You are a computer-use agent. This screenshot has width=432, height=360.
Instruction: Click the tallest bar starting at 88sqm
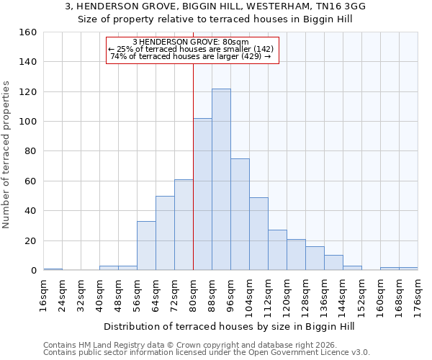[x=221, y=180]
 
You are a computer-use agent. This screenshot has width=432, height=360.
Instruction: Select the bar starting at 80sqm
[x=202, y=194]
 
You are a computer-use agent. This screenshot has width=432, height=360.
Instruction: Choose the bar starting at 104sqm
[x=258, y=234]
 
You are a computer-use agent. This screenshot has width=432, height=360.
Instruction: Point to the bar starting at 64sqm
[x=165, y=233]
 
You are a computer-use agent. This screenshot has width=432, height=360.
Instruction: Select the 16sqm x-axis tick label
[x=44, y=293]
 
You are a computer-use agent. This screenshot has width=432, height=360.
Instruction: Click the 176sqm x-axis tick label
[x=418, y=293]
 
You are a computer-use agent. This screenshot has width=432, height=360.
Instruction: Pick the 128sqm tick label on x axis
[x=306, y=293]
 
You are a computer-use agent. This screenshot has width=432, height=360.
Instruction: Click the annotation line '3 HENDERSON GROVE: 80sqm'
[x=191, y=42]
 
